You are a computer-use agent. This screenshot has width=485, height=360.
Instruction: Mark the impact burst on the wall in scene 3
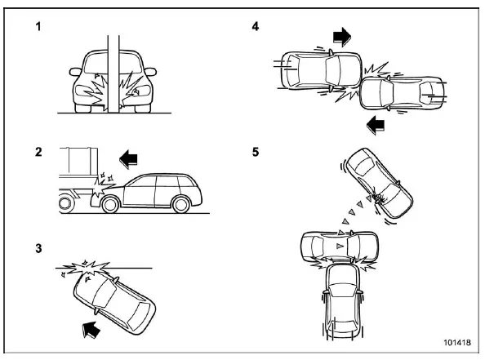pos(88,267)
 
